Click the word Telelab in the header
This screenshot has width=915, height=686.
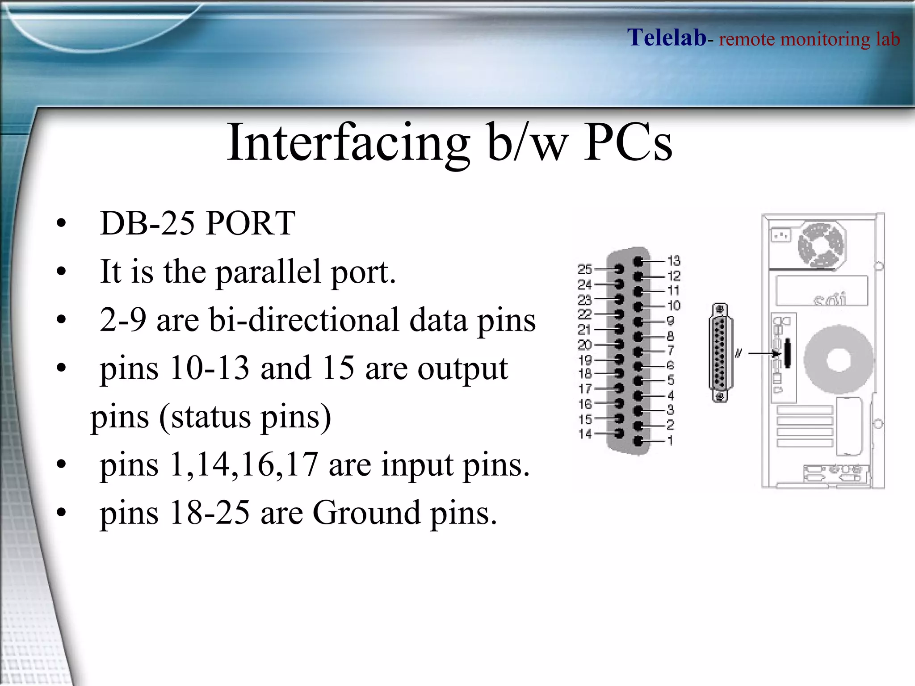tap(667, 38)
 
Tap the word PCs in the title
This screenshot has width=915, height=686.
tap(628, 143)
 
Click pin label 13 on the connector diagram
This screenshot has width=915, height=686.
tap(674, 260)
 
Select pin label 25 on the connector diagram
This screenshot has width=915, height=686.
tap(584, 269)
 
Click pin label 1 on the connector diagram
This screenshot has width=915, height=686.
tap(670, 441)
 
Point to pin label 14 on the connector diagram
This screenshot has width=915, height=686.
tap(585, 434)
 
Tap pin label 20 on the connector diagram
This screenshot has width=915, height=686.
tap(584, 345)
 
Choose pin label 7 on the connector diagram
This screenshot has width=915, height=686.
tap(671, 351)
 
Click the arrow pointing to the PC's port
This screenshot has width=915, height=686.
tap(764, 354)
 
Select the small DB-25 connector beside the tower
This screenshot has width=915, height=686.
tap(720, 353)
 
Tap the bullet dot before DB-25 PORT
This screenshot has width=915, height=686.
tap(61, 223)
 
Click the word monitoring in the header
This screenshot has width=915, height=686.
tap(825, 39)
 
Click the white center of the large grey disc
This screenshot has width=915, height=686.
tap(838, 360)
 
